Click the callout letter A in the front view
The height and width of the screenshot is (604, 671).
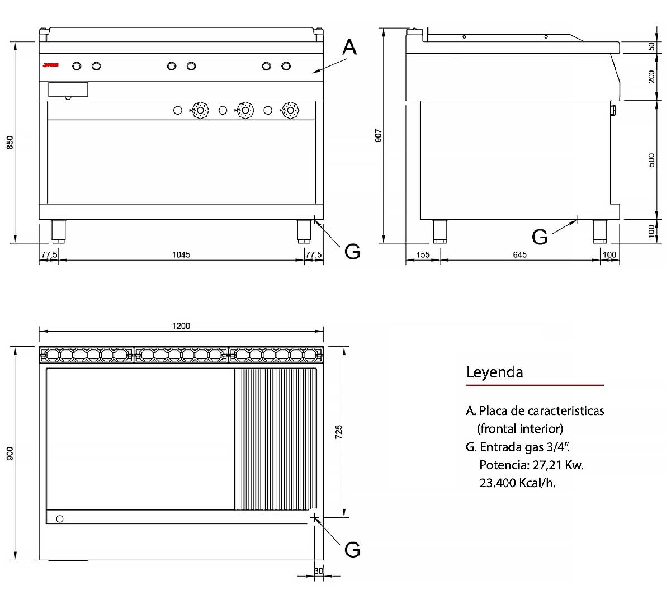(x=349, y=47)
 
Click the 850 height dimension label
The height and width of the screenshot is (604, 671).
(x=10, y=143)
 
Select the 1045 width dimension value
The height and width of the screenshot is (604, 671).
(x=181, y=255)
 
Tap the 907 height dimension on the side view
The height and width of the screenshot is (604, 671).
(x=379, y=135)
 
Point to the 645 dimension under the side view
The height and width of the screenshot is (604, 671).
(x=519, y=255)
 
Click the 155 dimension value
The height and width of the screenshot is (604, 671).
(x=423, y=255)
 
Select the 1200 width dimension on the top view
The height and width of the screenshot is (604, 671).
(x=181, y=326)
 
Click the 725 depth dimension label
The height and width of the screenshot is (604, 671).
(x=339, y=432)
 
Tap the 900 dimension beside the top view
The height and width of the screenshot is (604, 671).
(x=10, y=454)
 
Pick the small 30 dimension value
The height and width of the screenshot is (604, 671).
(x=318, y=571)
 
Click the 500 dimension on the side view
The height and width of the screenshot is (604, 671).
(x=651, y=160)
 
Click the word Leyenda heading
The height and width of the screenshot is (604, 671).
(x=494, y=372)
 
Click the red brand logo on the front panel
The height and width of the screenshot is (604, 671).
(x=51, y=65)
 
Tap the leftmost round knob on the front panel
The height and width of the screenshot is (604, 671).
(x=77, y=66)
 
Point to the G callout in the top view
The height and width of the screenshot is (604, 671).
(x=352, y=550)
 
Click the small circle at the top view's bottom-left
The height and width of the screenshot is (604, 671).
(x=60, y=519)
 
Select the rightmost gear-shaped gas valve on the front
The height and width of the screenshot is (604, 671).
(x=290, y=110)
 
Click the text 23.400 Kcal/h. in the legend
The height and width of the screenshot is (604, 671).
(x=517, y=483)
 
